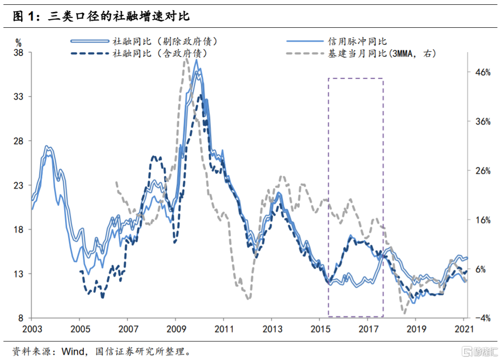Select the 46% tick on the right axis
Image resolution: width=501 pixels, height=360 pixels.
(x=482, y=73)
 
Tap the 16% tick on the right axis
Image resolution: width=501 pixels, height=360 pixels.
(x=482, y=220)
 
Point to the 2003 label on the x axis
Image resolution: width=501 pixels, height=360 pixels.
(x=31, y=329)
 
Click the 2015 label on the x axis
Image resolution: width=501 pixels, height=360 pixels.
(x=319, y=329)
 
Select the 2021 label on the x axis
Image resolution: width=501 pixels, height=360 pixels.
(x=463, y=329)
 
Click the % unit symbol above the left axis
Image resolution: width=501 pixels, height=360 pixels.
(x=19, y=42)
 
